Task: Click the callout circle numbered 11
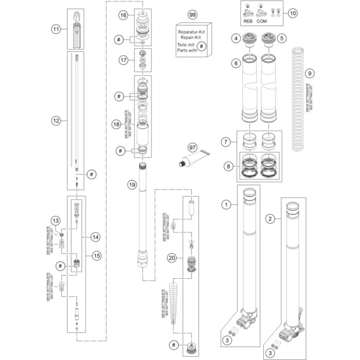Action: tap(56, 29)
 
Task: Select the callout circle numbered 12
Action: tap(56, 121)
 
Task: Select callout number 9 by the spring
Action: tap(309, 73)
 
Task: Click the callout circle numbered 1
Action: tap(225, 205)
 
